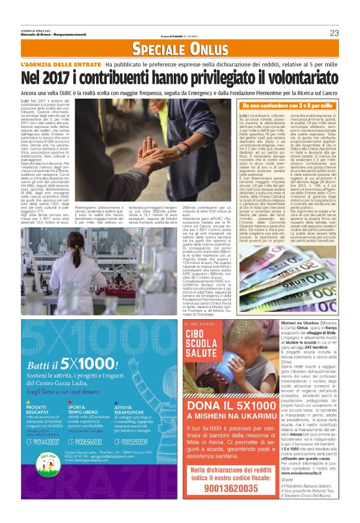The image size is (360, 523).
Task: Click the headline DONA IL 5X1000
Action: tap(225, 407)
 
